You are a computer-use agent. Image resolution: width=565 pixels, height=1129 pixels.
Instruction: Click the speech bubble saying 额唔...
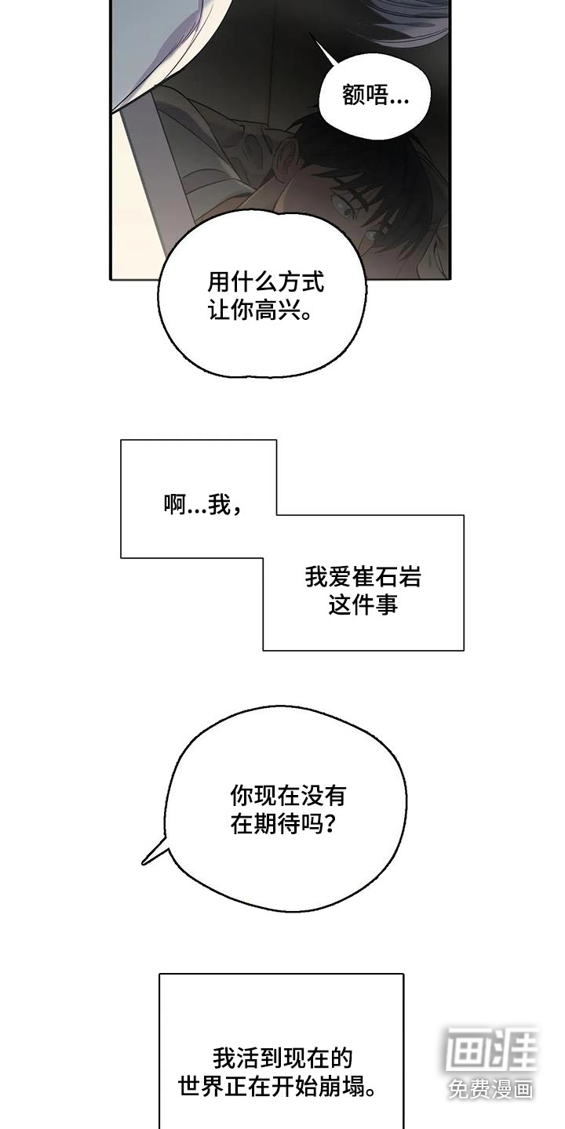click(376, 96)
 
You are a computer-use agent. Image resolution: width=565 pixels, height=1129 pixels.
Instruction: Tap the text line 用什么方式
click(265, 281)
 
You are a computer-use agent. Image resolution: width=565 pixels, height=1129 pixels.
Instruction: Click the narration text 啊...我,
click(202, 506)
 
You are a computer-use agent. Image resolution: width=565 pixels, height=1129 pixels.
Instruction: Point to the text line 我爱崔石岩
click(363, 578)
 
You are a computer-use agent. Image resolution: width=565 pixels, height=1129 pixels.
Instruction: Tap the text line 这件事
click(363, 605)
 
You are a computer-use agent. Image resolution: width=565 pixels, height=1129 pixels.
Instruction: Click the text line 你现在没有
click(287, 797)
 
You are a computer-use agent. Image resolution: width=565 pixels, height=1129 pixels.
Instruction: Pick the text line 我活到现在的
click(282, 1059)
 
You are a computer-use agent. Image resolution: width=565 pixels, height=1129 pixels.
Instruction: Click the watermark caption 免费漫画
click(491, 1089)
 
